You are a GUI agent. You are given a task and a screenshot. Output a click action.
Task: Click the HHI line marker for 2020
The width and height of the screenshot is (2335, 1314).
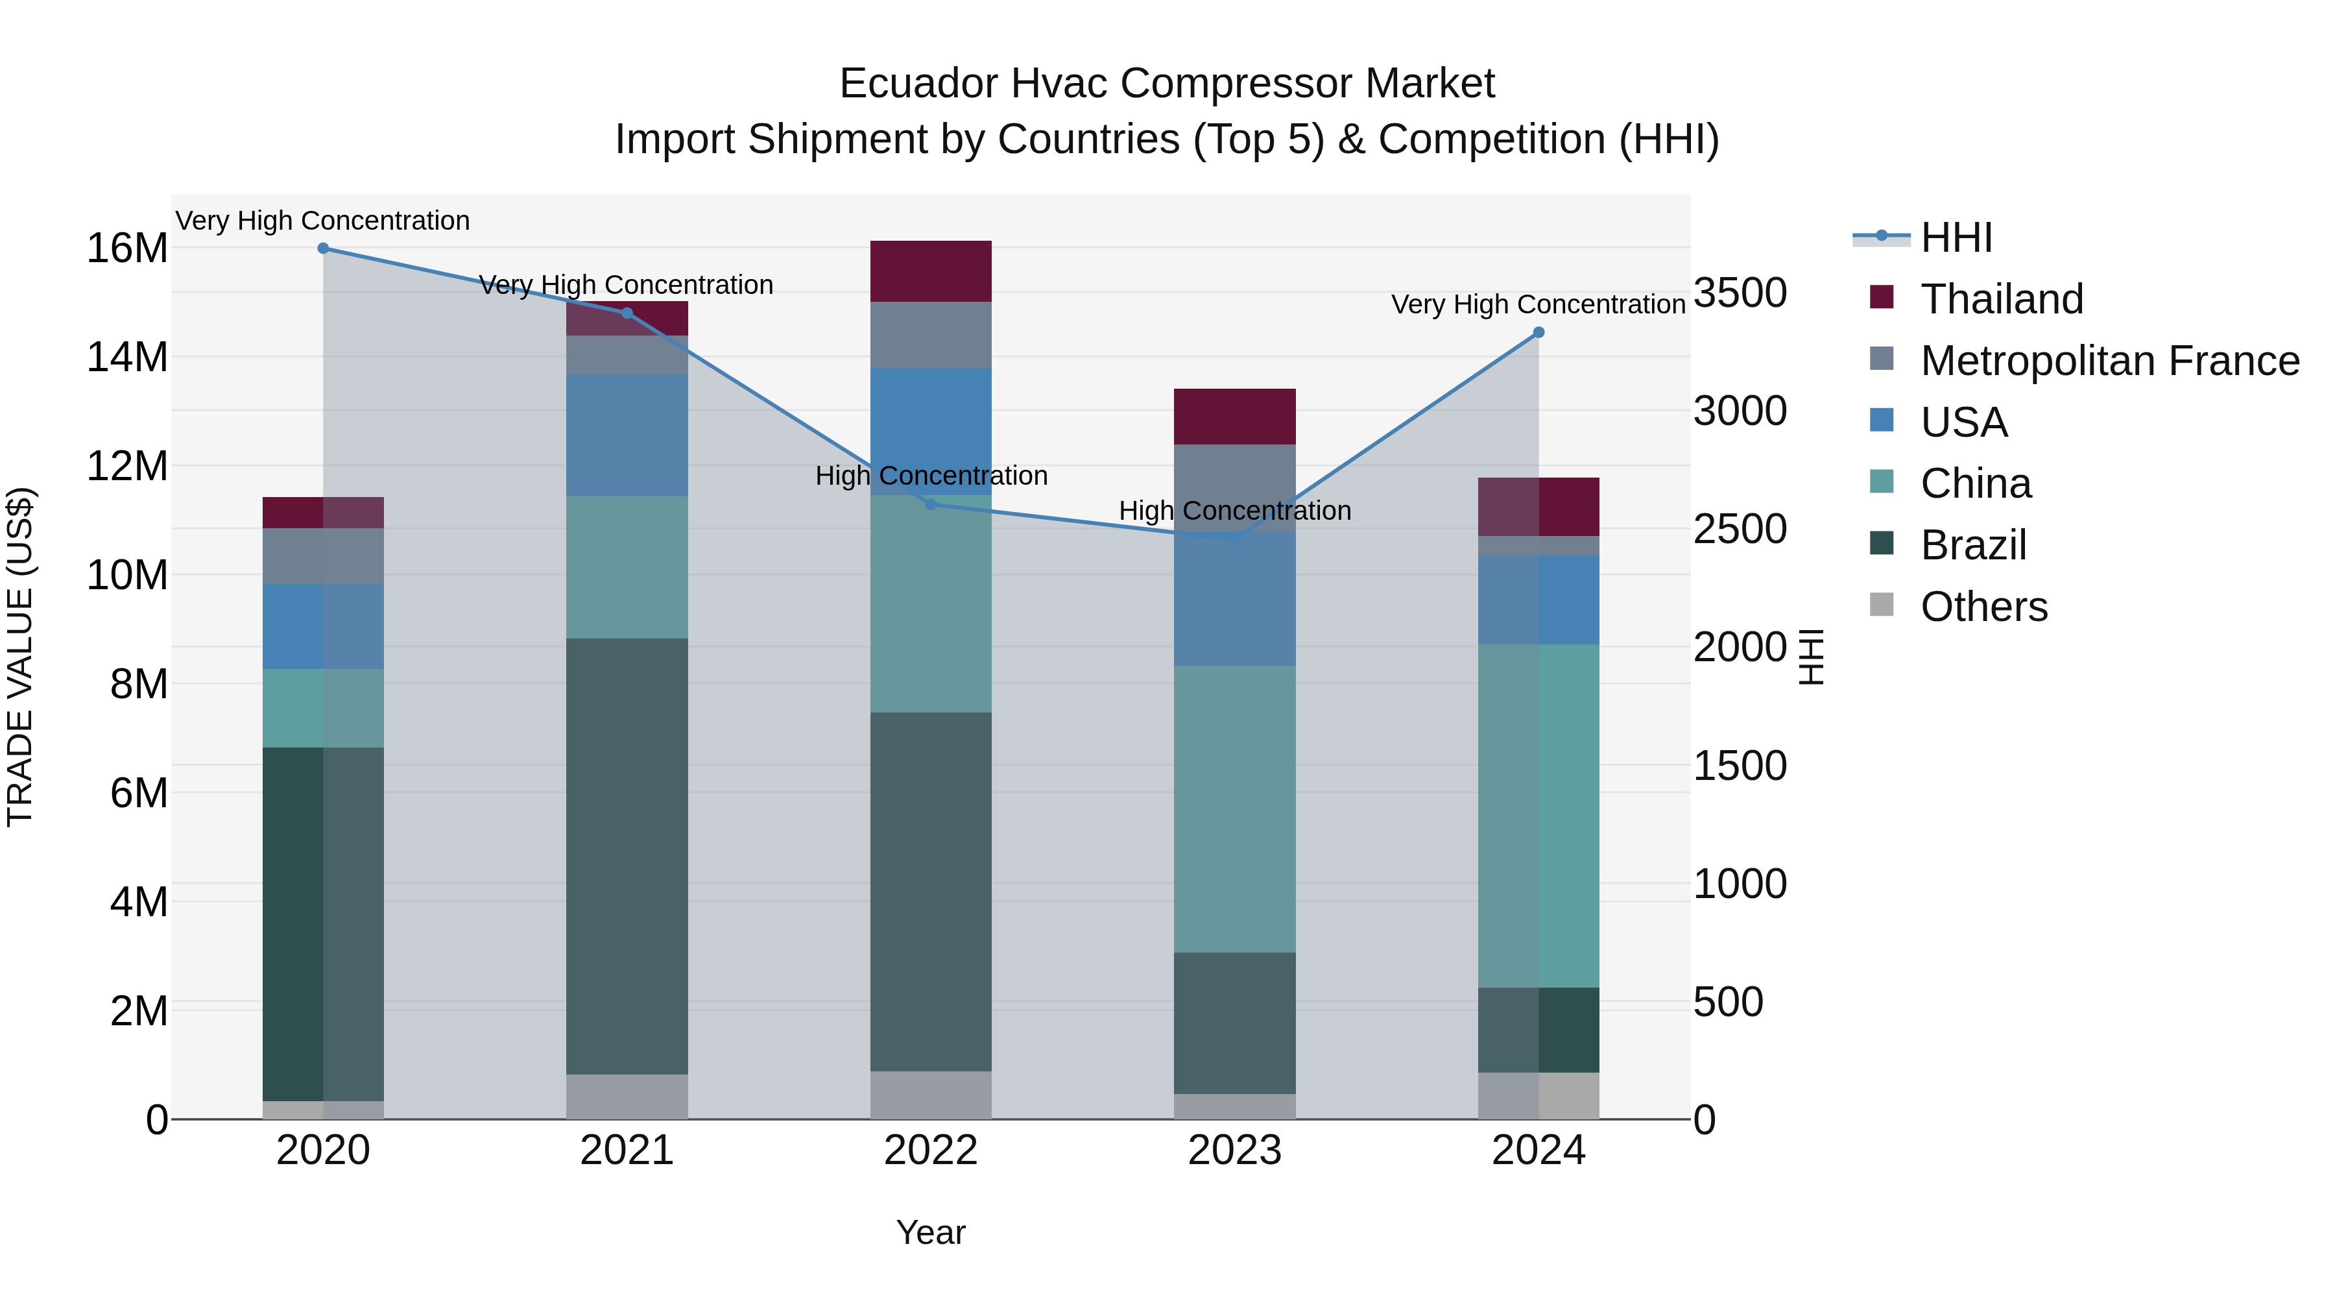[323, 249]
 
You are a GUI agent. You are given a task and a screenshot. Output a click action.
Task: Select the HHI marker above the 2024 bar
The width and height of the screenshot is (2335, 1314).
[1539, 333]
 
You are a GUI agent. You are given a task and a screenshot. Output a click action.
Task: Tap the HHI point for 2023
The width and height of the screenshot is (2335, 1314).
[1234, 539]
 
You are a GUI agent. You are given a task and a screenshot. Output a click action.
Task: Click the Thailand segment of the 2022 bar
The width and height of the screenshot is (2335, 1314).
[930, 271]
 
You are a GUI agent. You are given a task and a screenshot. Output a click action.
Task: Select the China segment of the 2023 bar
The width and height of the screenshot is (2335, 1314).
[1234, 809]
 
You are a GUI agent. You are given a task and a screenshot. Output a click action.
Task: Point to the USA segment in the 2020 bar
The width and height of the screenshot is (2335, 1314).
[323, 627]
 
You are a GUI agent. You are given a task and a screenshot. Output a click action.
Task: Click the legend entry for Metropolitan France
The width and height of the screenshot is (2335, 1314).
[2109, 361]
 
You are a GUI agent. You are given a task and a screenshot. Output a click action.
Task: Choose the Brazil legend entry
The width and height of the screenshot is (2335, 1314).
[1972, 545]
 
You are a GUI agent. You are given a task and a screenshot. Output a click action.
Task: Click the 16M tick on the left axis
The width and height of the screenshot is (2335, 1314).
[127, 249]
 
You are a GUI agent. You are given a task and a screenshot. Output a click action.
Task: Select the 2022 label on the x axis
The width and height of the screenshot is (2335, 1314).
[930, 1150]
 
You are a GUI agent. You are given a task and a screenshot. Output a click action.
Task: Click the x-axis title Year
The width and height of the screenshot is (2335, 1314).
[930, 1232]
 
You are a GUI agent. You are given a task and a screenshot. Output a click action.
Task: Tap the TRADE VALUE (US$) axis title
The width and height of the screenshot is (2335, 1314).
[20, 657]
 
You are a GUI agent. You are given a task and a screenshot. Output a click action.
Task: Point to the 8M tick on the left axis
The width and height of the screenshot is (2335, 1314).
[139, 684]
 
